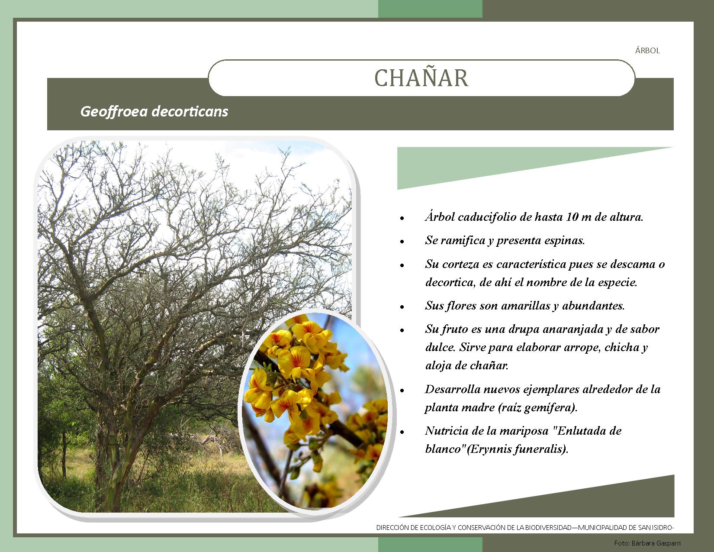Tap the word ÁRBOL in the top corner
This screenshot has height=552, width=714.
(x=647, y=50)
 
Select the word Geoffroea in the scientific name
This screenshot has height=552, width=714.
(x=114, y=112)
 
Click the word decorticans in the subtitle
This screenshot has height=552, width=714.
(x=190, y=111)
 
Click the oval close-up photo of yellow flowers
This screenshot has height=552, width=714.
(x=315, y=410)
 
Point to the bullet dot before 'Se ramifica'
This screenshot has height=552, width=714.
(x=402, y=242)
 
